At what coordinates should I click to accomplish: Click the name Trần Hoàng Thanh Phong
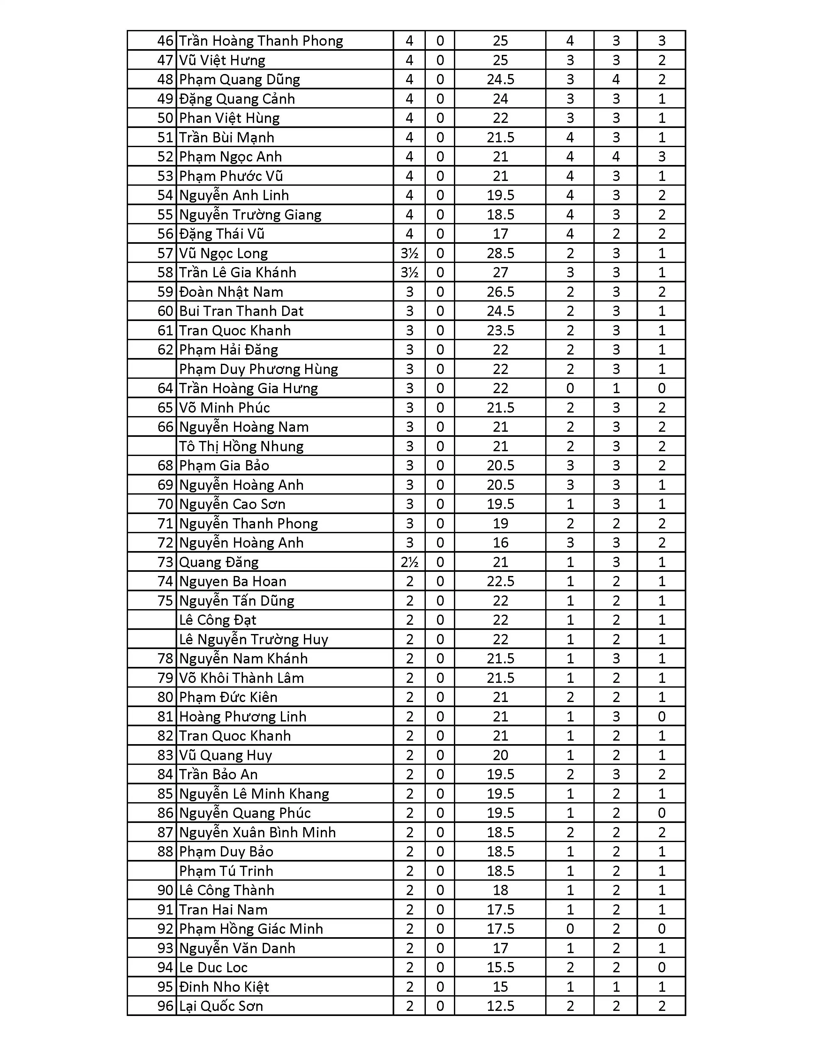pos(261,41)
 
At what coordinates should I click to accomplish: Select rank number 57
pos(165,253)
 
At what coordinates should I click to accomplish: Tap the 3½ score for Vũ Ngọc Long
pos(410,253)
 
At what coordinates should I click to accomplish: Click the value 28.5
pos(500,253)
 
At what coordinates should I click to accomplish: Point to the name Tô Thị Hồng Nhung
pos(241,446)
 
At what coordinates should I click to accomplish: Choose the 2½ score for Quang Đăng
pos(410,562)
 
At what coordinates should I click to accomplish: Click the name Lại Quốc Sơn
pos(221,1006)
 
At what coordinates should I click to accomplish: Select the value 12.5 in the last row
pos(500,1006)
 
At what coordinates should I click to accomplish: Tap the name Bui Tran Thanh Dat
pos(241,311)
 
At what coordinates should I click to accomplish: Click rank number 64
pos(165,388)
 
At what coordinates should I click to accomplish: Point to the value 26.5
pos(500,292)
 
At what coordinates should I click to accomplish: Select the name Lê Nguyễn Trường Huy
pos(254,639)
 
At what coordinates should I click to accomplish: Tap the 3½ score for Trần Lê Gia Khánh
pos(410,273)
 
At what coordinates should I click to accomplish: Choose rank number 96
pos(165,1006)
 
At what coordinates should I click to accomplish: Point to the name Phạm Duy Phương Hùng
pos(259,369)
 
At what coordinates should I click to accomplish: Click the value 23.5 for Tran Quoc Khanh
pos(500,330)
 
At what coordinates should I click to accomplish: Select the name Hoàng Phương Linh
pos(243,716)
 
